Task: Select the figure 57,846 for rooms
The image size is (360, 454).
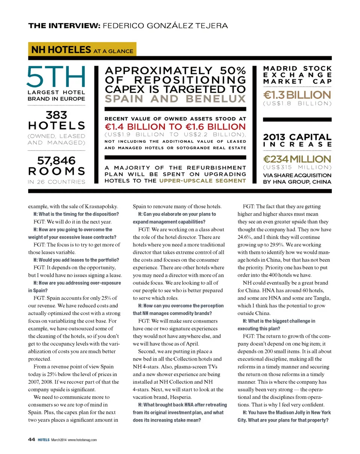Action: (56, 161)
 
